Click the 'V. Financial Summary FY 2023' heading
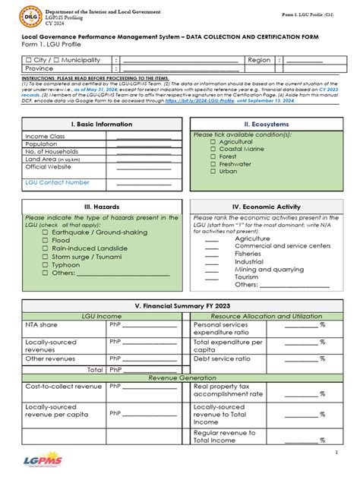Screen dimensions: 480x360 [x=179, y=305]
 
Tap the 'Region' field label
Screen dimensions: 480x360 [x=259, y=58]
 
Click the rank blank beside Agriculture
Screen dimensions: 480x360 [x=212, y=238]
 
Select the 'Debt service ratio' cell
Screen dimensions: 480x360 [x=223, y=358]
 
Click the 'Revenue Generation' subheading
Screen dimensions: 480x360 [x=180, y=377]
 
